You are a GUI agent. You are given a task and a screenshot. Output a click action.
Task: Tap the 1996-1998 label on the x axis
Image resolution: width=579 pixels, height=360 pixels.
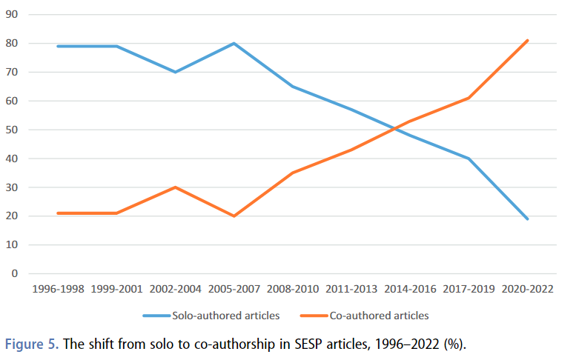(x=58, y=290)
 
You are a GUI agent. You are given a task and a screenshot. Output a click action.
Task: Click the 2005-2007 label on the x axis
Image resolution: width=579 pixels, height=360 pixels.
(x=234, y=290)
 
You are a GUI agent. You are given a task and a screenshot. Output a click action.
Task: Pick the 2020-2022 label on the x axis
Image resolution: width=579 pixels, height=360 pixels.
(x=527, y=290)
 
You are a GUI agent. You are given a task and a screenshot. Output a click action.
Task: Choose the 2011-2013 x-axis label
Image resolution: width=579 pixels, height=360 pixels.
(x=351, y=290)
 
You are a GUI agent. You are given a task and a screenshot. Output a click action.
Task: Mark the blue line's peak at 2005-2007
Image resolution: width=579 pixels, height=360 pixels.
(x=234, y=44)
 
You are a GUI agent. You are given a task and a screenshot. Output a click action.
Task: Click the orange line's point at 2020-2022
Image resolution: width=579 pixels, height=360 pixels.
(x=527, y=41)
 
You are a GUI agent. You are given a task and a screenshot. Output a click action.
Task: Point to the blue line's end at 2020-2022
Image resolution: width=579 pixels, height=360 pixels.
(x=527, y=219)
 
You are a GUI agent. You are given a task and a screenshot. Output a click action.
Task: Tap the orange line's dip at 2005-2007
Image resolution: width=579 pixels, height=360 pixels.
(x=234, y=216)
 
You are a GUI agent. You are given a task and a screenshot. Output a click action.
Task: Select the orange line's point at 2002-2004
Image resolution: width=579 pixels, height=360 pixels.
(x=175, y=187)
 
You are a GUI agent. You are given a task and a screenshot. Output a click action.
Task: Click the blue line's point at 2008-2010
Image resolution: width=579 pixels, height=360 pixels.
(x=293, y=87)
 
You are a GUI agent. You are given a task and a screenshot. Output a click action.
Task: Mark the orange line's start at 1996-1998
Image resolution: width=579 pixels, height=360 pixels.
(x=58, y=213)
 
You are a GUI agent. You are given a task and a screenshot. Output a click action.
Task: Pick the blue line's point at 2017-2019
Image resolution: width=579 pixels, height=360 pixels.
(x=469, y=159)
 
